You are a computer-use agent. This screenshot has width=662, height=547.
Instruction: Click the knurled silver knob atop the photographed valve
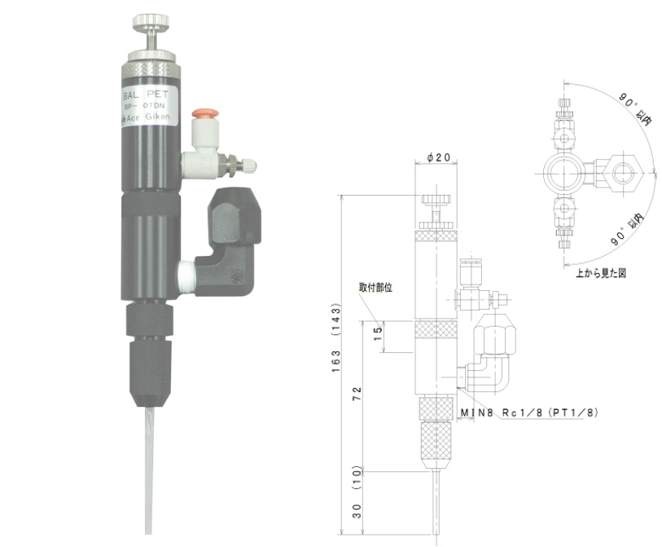pos(152,20)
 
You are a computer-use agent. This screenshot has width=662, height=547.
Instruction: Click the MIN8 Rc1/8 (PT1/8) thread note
pos(528,413)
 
